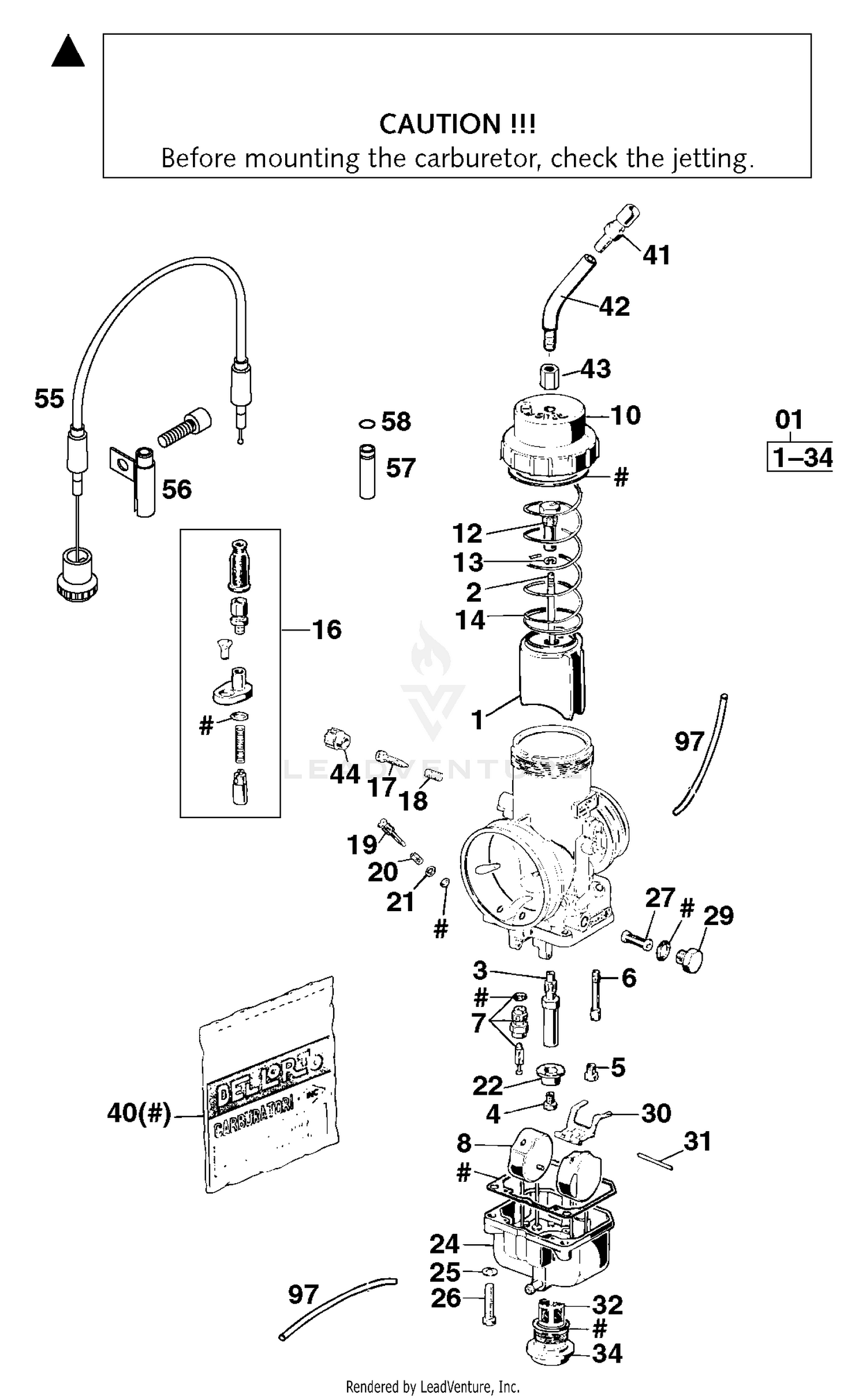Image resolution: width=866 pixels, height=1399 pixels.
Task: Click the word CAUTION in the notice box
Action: pyautogui.click(x=440, y=124)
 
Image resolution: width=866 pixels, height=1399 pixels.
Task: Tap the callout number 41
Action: pyautogui.click(x=656, y=255)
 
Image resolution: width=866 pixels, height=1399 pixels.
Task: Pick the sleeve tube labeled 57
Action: pyautogui.click(x=367, y=471)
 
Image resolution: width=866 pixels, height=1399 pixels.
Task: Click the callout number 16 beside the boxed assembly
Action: pyautogui.click(x=327, y=629)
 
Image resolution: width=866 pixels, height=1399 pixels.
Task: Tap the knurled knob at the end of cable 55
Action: pyautogui.click(x=77, y=574)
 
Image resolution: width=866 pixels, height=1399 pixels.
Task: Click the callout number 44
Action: pyautogui.click(x=345, y=774)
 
